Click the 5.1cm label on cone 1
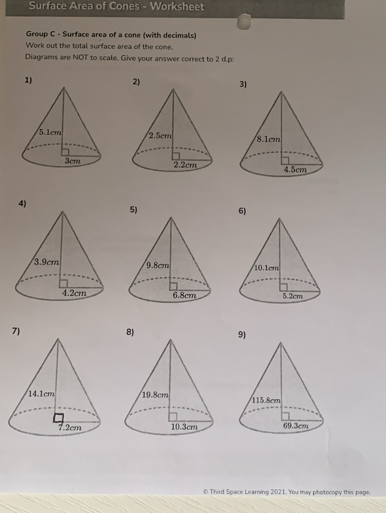coord(50,132)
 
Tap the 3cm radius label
coord(73,161)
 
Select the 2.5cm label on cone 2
coord(160,136)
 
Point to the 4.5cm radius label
coord(295,169)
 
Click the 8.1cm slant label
coord(269,139)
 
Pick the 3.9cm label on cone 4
coord(47,262)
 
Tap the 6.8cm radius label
coord(184,295)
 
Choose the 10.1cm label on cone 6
coord(266,268)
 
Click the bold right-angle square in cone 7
coord(58,418)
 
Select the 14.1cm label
coord(41,394)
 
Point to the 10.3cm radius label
coord(184,427)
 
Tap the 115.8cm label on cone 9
coord(266,400)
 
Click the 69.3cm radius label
coord(296,426)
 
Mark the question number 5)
coord(134,210)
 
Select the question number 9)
coord(242,335)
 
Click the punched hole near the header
coord(244,22)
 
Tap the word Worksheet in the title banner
coord(177,6)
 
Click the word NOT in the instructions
coord(81,57)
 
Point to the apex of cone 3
coord(282,92)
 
